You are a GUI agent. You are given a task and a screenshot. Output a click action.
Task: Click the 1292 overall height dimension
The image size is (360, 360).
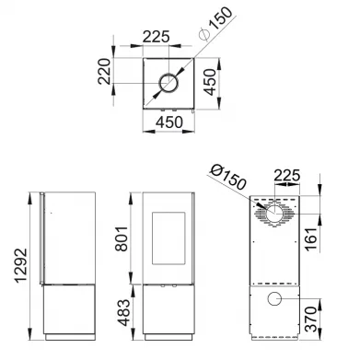[x=21, y=266]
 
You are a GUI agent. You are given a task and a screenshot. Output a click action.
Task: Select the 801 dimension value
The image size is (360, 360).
[x=122, y=238]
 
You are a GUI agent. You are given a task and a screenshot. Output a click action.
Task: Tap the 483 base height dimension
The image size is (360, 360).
[x=124, y=312]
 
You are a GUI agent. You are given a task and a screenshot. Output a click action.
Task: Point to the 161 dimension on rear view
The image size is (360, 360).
[x=311, y=239]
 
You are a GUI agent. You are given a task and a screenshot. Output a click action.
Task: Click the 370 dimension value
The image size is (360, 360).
[x=311, y=319]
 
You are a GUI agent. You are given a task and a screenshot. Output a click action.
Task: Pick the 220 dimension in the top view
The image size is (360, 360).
[x=104, y=71]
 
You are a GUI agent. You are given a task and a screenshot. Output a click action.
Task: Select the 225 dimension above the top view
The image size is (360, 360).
[x=157, y=37]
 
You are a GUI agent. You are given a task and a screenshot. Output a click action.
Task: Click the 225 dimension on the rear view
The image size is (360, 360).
[x=286, y=176]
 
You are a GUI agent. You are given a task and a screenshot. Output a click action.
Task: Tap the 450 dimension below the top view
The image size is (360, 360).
[x=169, y=122]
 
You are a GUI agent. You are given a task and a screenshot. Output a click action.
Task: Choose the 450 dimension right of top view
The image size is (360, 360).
[x=210, y=82]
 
